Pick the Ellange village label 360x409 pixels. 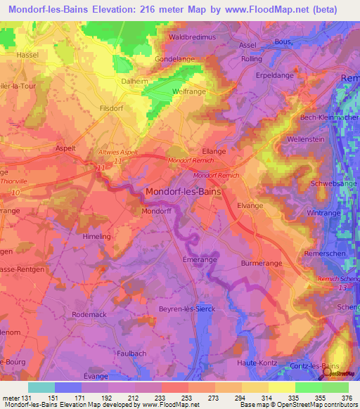click(214, 151)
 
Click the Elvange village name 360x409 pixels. click(250, 206)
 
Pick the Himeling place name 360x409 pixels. click(98, 238)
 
